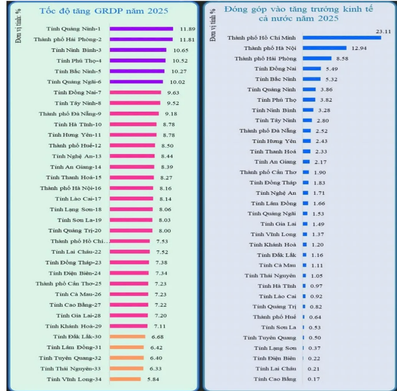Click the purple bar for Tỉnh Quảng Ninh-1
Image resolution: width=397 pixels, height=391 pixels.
(x=141, y=29)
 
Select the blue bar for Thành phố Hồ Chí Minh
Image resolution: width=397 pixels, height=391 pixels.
(x=341, y=37)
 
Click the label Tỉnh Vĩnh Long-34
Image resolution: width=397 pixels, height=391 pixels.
(x=74, y=379)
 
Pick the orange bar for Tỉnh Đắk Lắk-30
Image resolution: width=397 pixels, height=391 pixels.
(x=127, y=337)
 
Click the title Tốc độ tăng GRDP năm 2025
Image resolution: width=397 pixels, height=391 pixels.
(x=104, y=10)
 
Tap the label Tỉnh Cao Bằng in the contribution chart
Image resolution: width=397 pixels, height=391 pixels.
(x=275, y=379)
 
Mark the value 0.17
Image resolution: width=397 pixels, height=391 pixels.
(x=314, y=379)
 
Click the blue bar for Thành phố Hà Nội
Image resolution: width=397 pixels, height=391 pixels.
(x=324, y=48)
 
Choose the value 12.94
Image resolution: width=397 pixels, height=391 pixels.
(x=359, y=48)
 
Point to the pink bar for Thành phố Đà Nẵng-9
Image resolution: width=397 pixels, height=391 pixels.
(x=134, y=114)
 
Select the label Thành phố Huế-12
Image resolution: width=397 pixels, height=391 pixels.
(x=75, y=146)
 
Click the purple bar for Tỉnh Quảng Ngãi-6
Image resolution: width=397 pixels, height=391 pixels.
(x=136, y=82)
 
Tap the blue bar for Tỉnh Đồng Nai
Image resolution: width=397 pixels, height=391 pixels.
(x=312, y=68)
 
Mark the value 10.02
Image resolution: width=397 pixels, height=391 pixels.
(x=178, y=82)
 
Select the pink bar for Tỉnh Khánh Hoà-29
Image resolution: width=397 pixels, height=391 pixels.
(x=129, y=326)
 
